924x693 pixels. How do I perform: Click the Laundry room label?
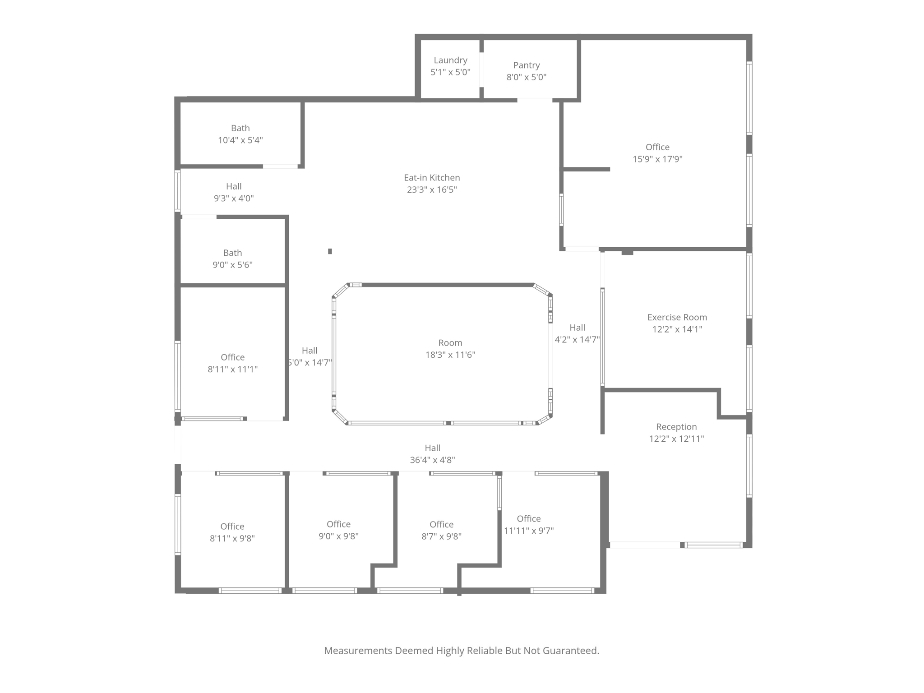pyautogui.click(x=450, y=60)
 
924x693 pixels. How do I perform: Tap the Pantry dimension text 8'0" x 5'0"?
pyautogui.click(x=526, y=77)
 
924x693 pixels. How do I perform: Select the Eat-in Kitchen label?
pyautogui.click(x=432, y=178)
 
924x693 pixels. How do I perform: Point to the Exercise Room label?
pyautogui.click(x=677, y=318)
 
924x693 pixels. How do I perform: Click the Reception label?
pyautogui.click(x=676, y=427)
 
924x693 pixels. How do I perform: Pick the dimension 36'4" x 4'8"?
pyautogui.click(x=432, y=460)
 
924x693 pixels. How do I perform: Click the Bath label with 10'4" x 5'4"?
pyautogui.click(x=240, y=129)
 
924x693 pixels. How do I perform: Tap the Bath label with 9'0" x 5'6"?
pyautogui.click(x=232, y=253)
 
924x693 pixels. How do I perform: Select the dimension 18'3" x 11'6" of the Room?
pyautogui.click(x=450, y=355)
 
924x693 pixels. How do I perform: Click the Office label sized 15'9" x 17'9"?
pyautogui.click(x=657, y=148)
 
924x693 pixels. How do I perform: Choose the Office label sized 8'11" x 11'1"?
pyautogui.click(x=232, y=357)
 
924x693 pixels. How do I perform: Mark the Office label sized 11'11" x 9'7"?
pyautogui.click(x=528, y=519)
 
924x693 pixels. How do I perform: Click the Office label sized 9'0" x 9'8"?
pyautogui.click(x=338, y=524)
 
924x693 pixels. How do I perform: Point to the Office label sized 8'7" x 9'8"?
pyautogui.click(x=441, y=525)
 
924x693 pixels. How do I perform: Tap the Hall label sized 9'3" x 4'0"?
pyautogui.click(x=234, y=186)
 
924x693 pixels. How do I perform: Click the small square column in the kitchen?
pyautogui.click(x=330, y=251)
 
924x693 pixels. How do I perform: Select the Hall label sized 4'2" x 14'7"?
pyautogui.click(x=577, y=328)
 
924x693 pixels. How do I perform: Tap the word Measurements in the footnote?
pyautogui.click(x=358, y=651)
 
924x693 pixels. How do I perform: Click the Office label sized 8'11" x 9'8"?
pyautogui.click(x=232, y=527)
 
